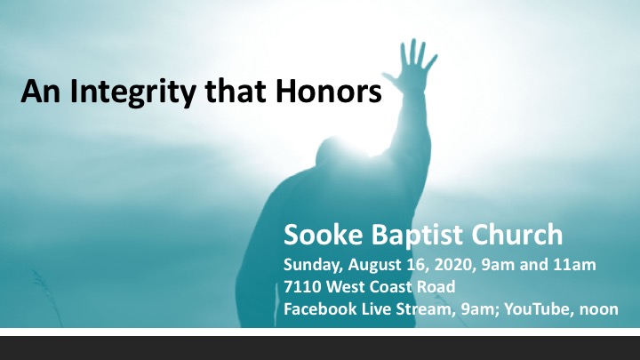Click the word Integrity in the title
pos(132,92)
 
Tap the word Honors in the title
pos(329,90)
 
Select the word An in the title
pos(40,90)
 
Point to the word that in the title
pos(236,90)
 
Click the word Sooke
pos(323,235)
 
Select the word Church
pos(516,235)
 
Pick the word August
pos(375,265)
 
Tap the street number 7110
pos(302,286)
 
